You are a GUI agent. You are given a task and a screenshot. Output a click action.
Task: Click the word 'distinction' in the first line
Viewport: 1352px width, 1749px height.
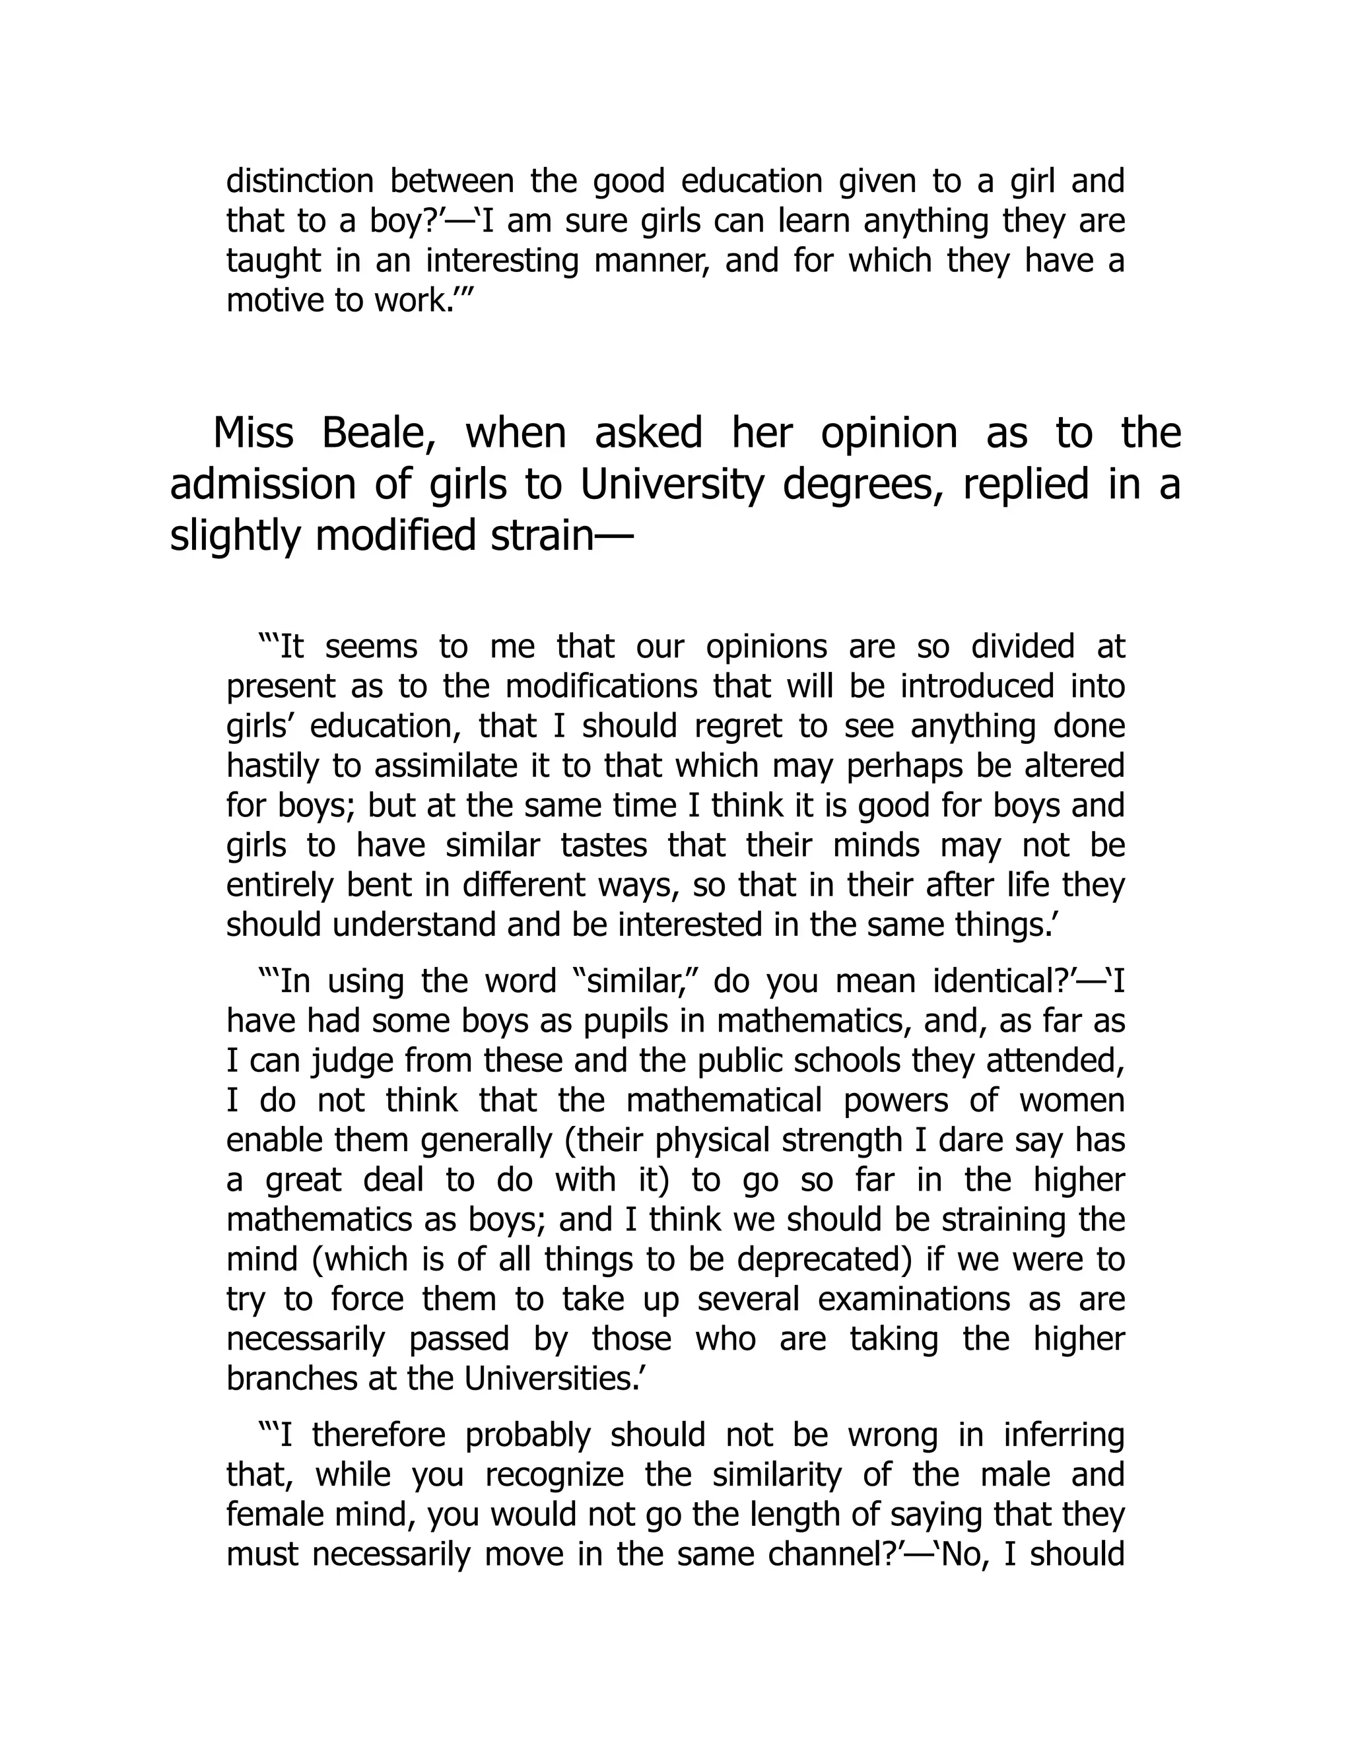click(x=300, y=181)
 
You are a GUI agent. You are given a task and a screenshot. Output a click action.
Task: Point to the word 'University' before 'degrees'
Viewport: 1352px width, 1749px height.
click(x=672, y=485)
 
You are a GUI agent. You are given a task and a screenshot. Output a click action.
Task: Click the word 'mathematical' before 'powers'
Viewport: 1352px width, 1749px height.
click(x=724, y=1100)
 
